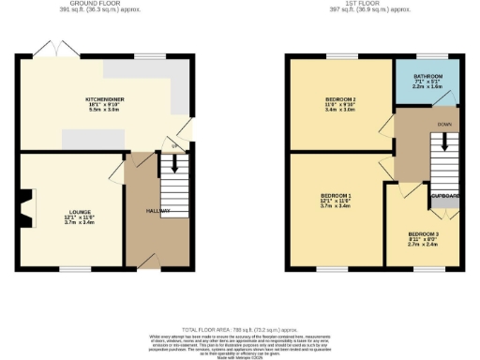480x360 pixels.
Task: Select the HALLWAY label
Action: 157,211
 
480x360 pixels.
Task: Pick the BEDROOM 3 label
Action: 424,232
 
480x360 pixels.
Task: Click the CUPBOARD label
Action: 444,196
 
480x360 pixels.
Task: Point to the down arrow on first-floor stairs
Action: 444,142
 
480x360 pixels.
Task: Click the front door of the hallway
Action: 145,260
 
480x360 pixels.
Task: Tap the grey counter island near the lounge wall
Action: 93,138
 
